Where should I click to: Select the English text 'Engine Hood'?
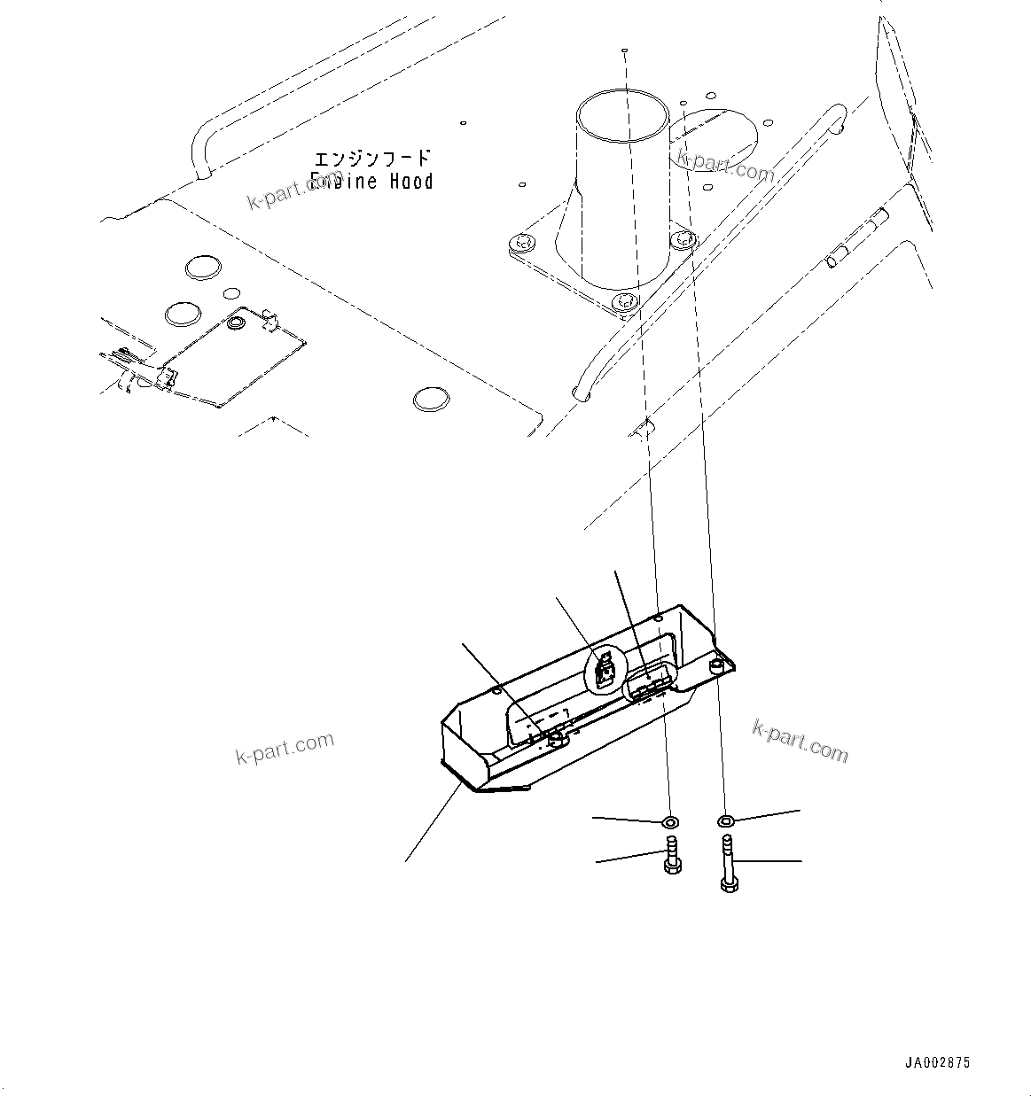click(372, 182)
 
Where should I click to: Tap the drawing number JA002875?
click(938, 1061)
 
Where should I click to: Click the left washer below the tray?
click(670, 821)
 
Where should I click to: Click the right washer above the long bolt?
click(726, 820)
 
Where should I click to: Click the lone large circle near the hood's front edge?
click(431, 399)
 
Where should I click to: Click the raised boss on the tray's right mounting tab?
click(716, 664)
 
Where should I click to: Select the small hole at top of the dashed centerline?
click(625, 51)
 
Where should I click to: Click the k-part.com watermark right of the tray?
click(800, 740)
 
